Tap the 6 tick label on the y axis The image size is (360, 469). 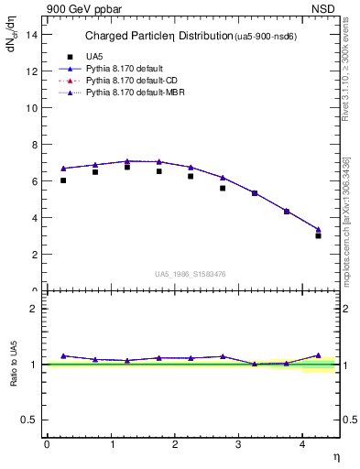pos(33,180)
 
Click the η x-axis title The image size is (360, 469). pos(334,455)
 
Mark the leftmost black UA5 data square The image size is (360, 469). pos(63,180)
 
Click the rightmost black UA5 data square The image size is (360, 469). pos(318,235)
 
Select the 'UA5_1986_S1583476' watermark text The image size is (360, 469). pos(190,274)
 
